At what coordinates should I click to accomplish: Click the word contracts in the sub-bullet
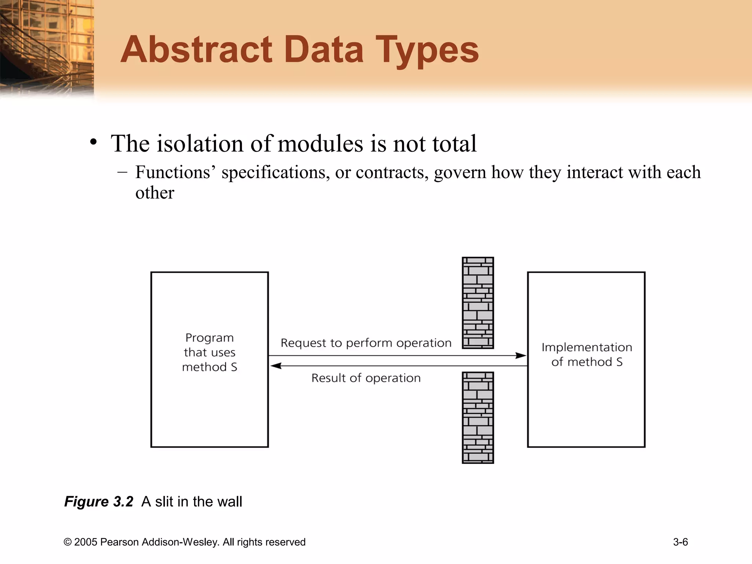click(392, 172)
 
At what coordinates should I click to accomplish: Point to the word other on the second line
click(155, 192)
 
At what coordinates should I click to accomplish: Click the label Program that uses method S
click(210, 352)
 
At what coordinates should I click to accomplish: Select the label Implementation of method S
click(587, 354)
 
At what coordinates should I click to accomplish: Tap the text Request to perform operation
click(366, 343)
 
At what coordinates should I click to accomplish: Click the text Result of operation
click(366, 378)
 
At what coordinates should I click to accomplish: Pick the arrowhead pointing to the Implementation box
click(521, 355)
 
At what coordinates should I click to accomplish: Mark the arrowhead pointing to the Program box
click(276, 366)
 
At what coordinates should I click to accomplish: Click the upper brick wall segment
click(478, 303)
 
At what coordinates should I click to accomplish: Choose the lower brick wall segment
click(478, 417)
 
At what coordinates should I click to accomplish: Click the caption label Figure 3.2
click(98, 502)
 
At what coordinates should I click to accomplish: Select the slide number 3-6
click(680, 542)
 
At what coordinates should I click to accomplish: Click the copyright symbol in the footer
click(68, 542)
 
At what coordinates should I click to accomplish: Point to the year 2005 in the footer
click(86, 542)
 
